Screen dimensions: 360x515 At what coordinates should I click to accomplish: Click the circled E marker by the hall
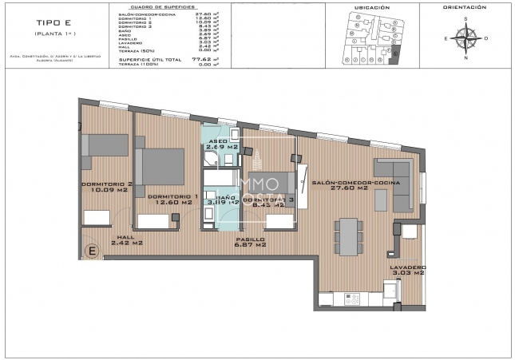tap(92, 252)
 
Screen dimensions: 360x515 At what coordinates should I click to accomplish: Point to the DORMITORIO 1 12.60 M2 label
tap(172, 200)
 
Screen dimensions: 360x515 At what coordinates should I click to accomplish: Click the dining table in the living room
tap(347, 234)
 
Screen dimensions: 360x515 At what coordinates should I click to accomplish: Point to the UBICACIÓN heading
tap(370, 7)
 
